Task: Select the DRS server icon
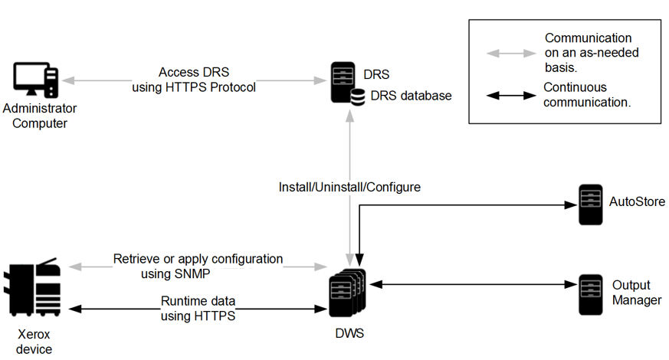[343, 80]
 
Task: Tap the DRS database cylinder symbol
[357, 97]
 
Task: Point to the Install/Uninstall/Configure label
[349, 186]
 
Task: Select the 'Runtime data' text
[198, 300]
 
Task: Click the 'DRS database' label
[411, 96]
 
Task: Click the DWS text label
[349, 334]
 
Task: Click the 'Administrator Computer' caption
[34, 116]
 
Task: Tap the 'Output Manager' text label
[636, 292]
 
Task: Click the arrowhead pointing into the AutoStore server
[570, 205]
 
